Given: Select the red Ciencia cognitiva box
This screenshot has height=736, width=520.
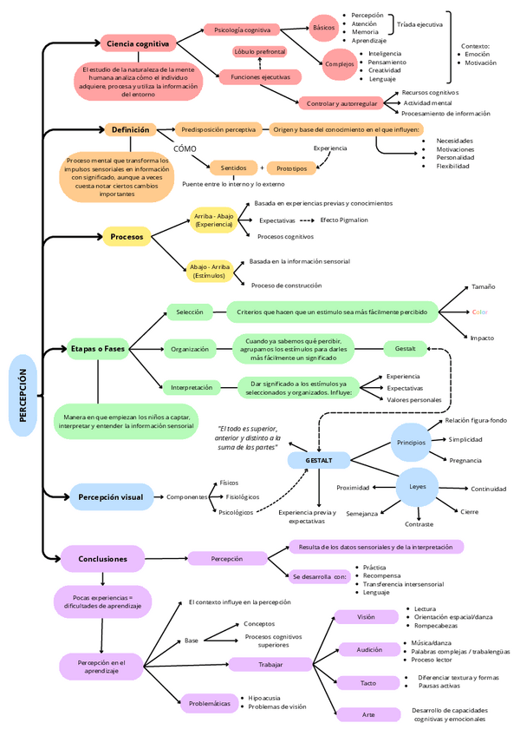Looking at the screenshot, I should tap(138, 43).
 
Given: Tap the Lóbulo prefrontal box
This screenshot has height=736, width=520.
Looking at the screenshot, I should tap(259, 52).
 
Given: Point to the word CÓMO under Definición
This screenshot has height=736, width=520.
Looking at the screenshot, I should tap(185, 148).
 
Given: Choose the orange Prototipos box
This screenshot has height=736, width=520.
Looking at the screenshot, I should tap(291, 168).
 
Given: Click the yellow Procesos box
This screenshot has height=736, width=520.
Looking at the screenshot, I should tap(127, 235).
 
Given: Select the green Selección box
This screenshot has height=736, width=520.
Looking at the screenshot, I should tap(189, 312).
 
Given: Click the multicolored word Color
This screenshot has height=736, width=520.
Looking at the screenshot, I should tap(479, 312).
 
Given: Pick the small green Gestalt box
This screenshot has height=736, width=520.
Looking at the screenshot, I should tap(405, 349).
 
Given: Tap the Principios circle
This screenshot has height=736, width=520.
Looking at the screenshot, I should tap(411, 443).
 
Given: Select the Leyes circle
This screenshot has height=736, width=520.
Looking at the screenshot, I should tap(418, 487).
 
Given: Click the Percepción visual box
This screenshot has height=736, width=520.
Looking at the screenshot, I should tap(111, 497).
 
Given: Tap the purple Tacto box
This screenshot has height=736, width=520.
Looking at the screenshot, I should tap(368, 683).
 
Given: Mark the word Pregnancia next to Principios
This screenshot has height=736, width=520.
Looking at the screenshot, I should tap(465, 460).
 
